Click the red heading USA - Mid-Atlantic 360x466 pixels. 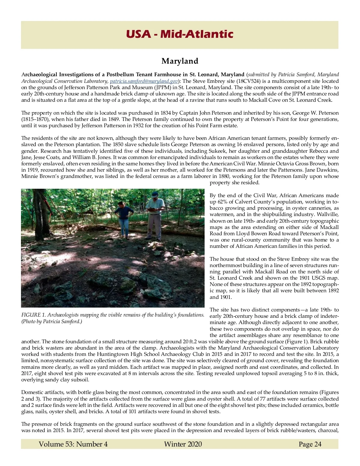click(179, 34)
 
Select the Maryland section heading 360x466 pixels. click(180, 61)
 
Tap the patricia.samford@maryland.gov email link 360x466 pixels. click(144, 81)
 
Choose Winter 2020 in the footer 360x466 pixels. click(183, 444)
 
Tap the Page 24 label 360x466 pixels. click(310, 444)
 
